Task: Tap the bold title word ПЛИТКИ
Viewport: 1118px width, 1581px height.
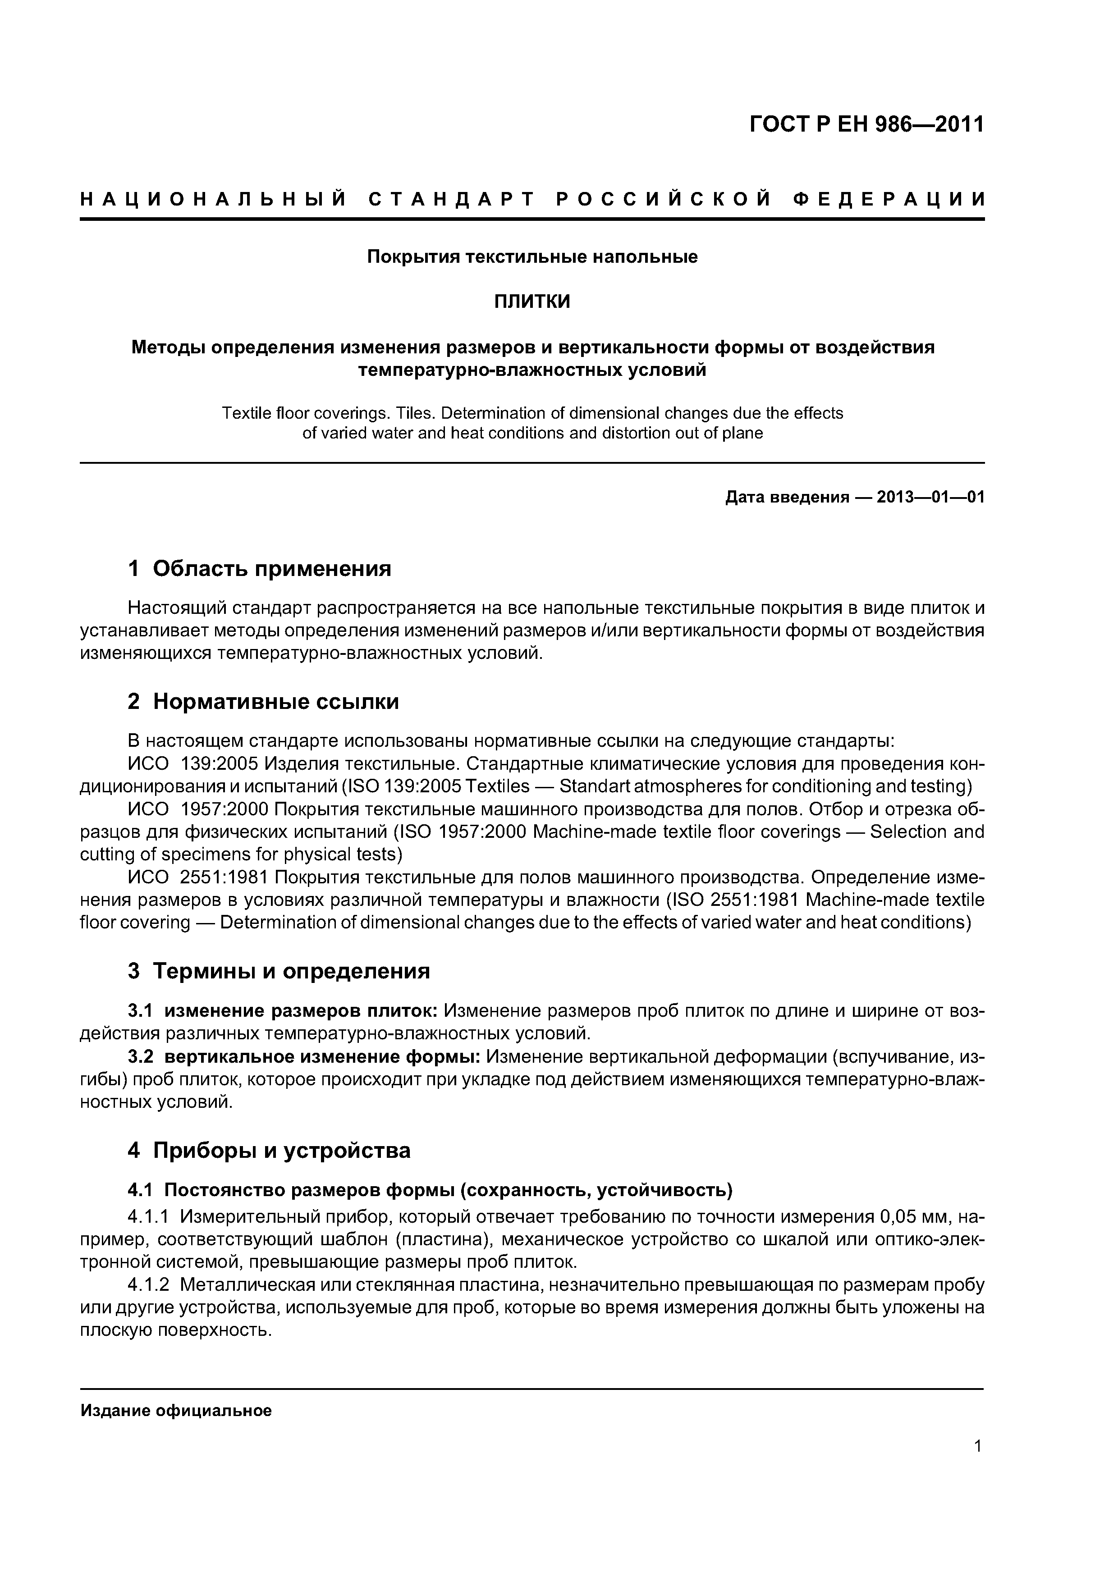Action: coord(532,302)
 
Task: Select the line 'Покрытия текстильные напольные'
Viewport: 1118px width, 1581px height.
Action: coord(532,257)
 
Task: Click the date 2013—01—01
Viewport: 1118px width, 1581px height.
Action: coord(930,497)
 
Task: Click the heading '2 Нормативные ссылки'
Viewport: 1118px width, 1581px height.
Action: coord(263,702)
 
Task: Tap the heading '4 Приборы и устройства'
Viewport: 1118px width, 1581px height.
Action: coord(269,1151)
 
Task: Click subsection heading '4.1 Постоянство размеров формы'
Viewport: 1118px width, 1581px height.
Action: coord(430,1190)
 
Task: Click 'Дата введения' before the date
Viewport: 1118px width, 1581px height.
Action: coord(787,497)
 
